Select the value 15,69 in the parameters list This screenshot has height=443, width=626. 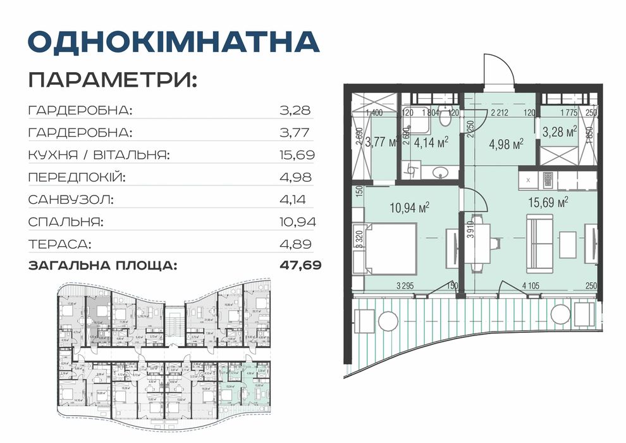click(x=297, y=154)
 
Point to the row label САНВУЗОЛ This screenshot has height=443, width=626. click(x=71, y=199)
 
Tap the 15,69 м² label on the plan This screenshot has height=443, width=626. click(x=548, y=203)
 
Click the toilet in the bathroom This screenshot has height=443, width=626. click(x=446, y=118)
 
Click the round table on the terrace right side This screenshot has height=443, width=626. click(x=560, y=314)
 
